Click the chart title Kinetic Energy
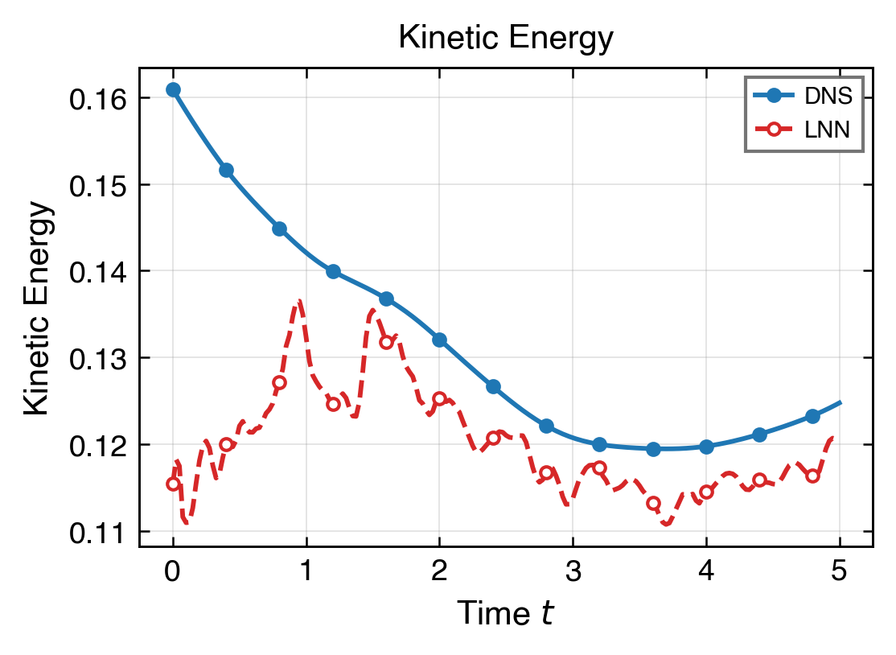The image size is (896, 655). tap(506, 38)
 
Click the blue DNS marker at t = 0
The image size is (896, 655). tap(173, 89)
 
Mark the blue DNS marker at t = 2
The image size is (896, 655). tap(439, 340)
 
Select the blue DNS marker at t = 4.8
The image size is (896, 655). tap(812, 416)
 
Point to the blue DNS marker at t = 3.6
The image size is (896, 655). tap(653, 449)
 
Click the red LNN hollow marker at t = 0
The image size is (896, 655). tap(173, 484)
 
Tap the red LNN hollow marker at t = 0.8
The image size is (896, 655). tap(280, 382)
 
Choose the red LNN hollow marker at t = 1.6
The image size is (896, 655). tap(386, 342)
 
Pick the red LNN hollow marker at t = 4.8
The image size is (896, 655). tap(812, 476)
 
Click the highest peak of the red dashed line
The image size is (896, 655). tap(299, 301)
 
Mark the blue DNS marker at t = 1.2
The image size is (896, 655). tap(333, 271)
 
